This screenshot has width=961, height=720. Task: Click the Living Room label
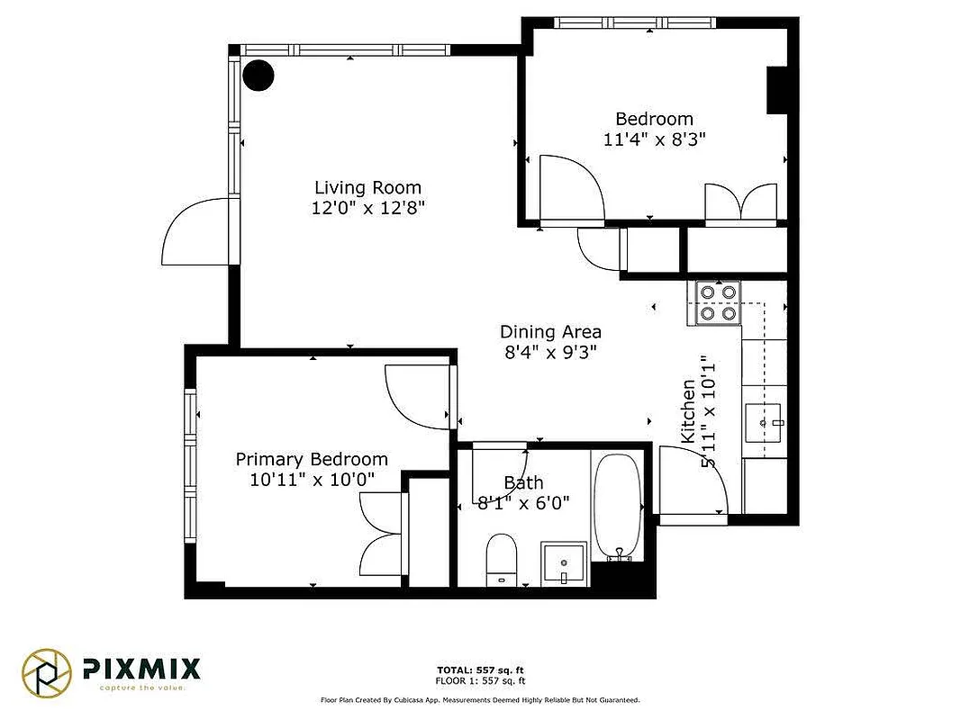pos(367,187)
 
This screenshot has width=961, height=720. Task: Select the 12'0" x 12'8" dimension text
pos(367,208)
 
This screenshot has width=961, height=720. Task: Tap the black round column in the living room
pos(259,76)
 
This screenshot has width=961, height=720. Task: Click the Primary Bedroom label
pos(312,459)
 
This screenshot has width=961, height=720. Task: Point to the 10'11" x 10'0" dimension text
pos(312,480)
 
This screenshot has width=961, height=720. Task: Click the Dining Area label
pos(550,332)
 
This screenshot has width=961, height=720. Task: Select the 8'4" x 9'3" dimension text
pos(550,353)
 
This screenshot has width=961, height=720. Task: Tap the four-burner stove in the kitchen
pos(718,302)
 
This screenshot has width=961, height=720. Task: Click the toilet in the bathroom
pos(501,559)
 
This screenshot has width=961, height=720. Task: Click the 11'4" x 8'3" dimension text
pos(654,139)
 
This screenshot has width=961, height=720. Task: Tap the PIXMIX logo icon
pos(47,672)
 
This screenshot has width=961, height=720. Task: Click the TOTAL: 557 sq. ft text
pos(480,670)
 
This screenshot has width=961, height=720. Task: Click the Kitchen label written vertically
pos(687,409)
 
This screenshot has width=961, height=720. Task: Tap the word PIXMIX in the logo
pos(142,668)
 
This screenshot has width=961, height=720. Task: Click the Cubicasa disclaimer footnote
pos(480,699)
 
